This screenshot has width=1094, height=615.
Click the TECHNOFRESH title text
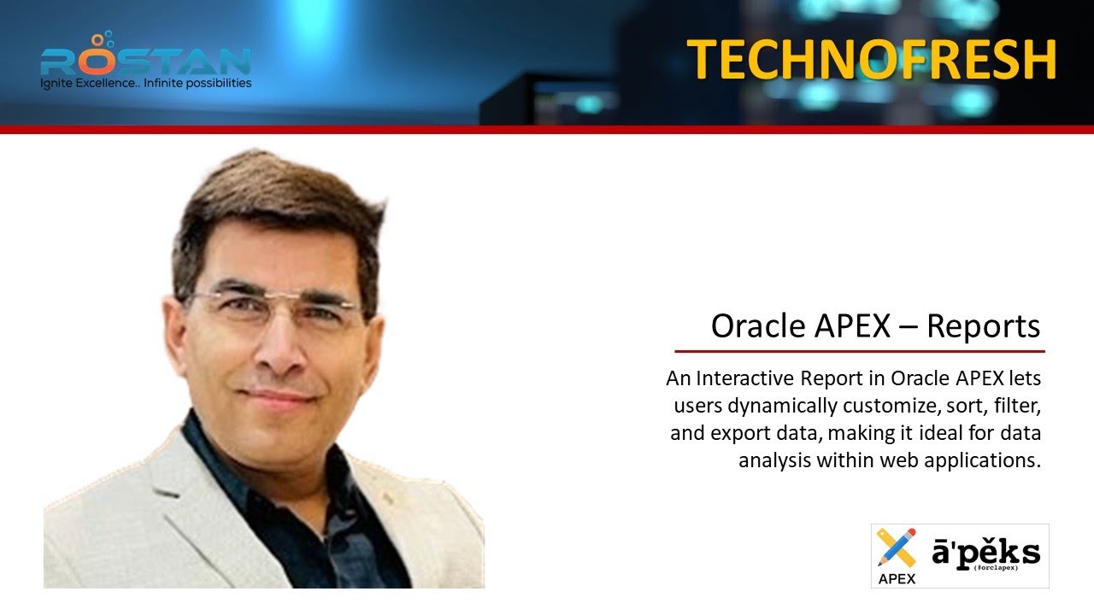872,60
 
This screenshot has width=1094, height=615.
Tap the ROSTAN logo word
145,60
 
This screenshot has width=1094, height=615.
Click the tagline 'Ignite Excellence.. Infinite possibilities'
146,84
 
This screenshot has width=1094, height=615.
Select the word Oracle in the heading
750,326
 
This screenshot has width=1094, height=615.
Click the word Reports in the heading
983,326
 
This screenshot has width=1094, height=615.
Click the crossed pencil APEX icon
896,548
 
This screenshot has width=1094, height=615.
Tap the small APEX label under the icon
896,578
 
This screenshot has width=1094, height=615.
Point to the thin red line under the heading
859,351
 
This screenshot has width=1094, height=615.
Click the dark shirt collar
214,461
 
